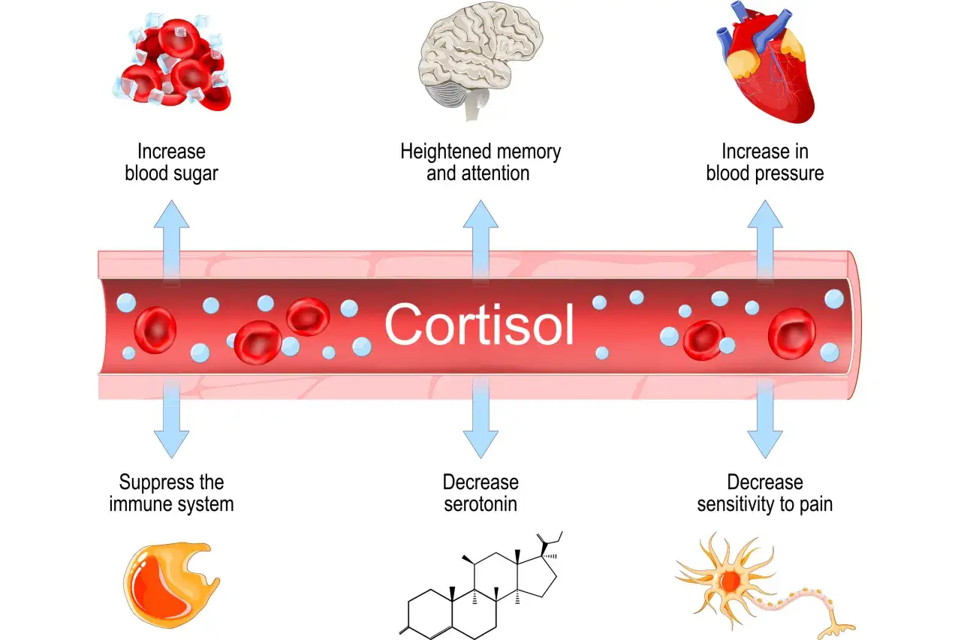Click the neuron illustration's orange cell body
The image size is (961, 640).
(x=728, y=581)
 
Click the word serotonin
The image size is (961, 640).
(x=480, y=503)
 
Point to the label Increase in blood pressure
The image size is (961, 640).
(x=764, y=162)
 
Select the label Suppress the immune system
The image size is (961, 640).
(x=171, y=493)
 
